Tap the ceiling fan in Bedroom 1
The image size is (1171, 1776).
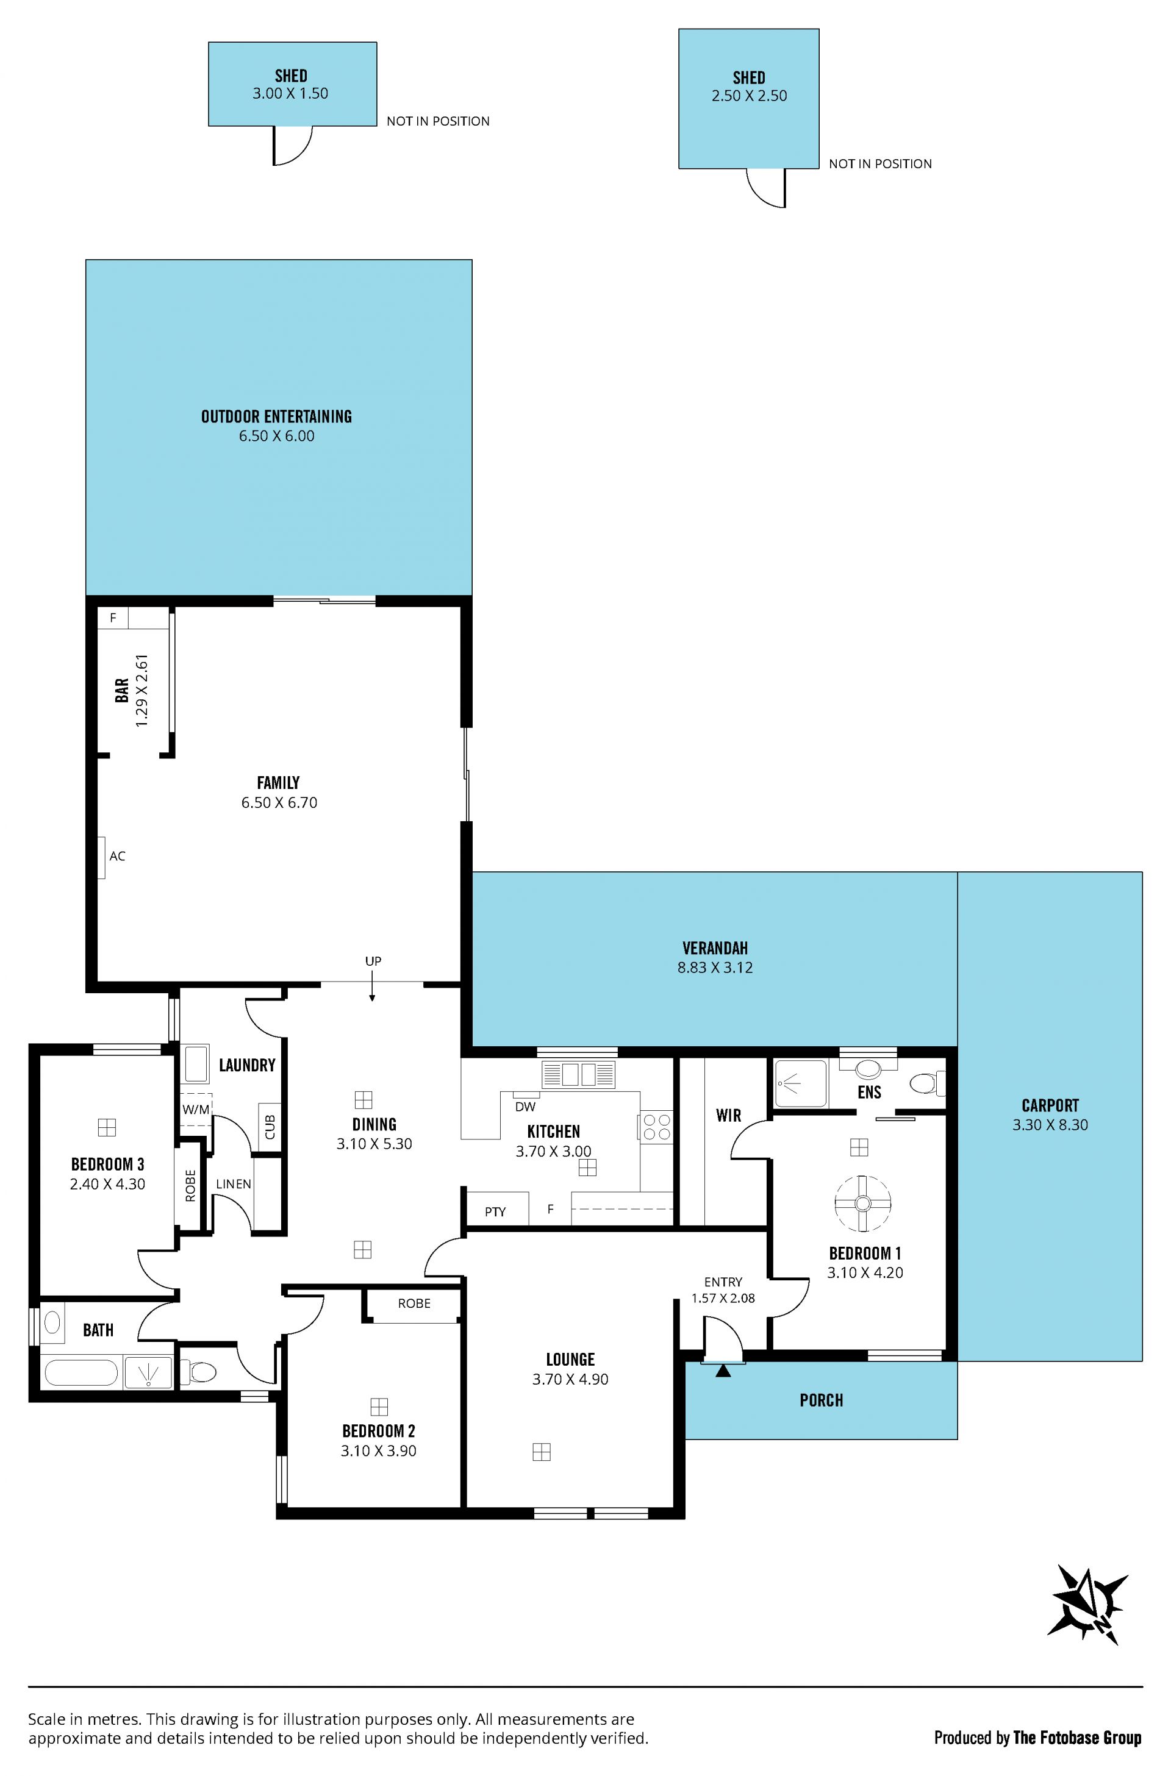pos(862,1204)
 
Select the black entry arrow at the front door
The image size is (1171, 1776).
pos(723,1370)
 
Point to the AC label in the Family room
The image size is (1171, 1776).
pos(117,856)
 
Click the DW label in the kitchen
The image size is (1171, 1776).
pos(525,1107)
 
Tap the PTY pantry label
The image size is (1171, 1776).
pos(495,1211)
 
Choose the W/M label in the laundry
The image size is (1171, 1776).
pos(196,1110)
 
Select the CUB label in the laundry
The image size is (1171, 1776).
pos(270,1127)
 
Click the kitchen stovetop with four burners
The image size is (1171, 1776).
pos(656,1127)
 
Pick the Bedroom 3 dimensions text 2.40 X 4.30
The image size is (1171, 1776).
pos(107,1184)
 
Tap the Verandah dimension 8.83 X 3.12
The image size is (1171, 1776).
pos(715,968)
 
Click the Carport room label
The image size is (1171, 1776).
pos(1050,1105)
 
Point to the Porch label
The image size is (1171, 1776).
pos(822,1400)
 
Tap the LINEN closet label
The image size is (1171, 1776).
pos(234,1184)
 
